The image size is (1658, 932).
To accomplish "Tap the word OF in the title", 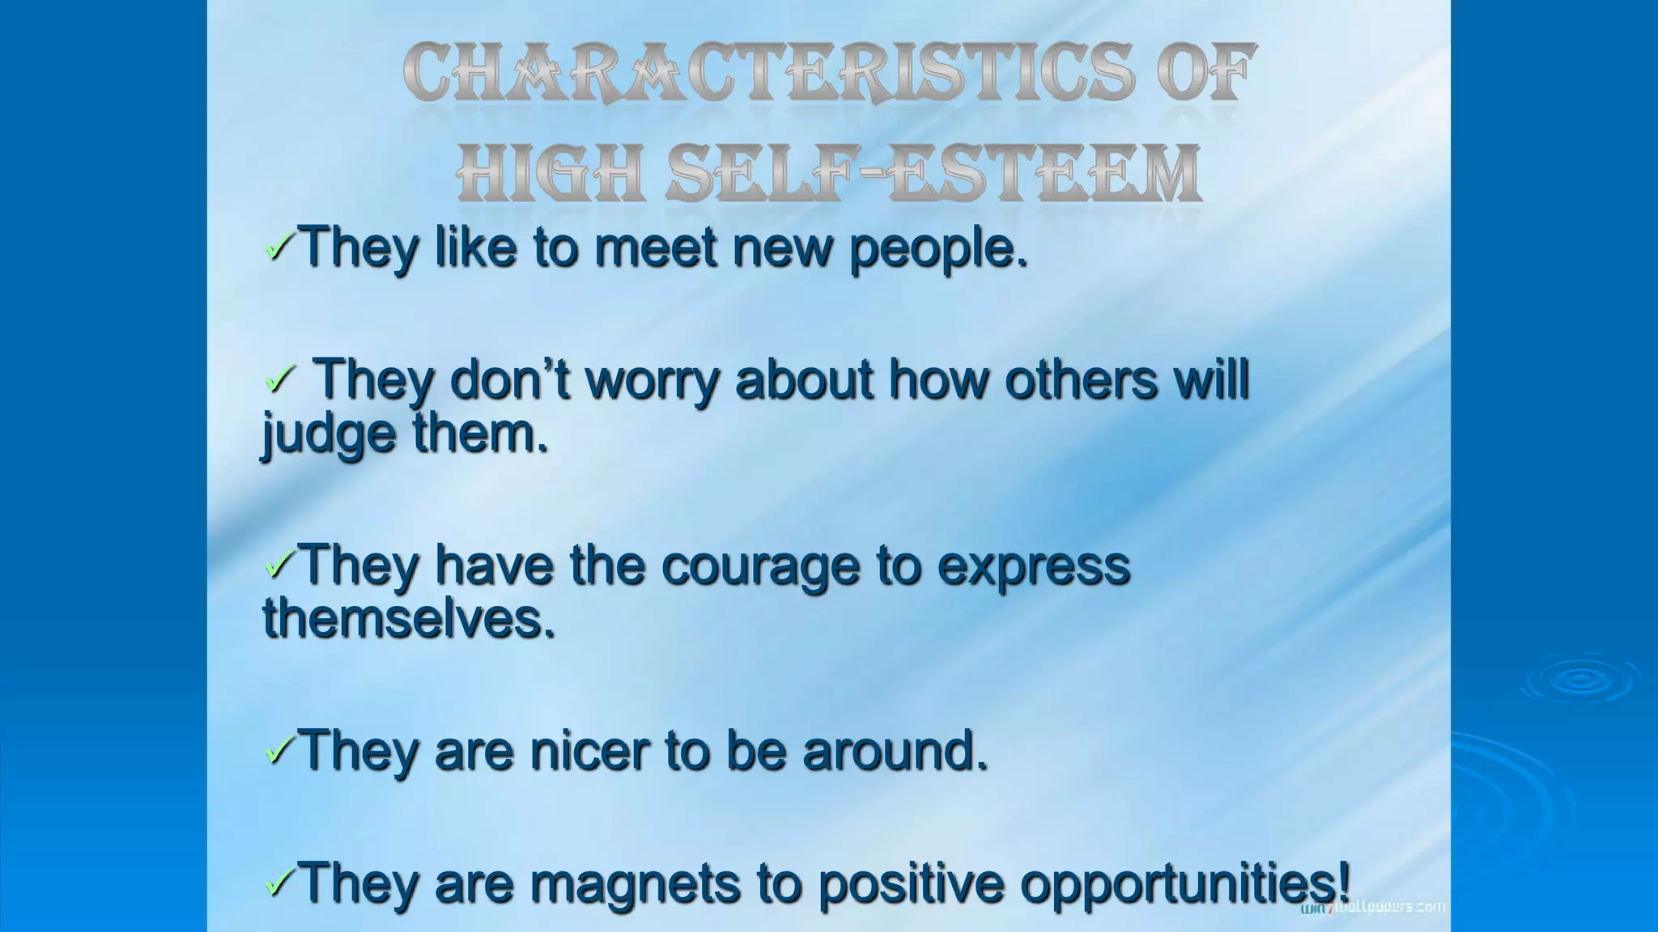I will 1206,74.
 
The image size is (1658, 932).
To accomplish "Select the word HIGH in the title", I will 550,173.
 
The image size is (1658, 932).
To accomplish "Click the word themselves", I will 408,619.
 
